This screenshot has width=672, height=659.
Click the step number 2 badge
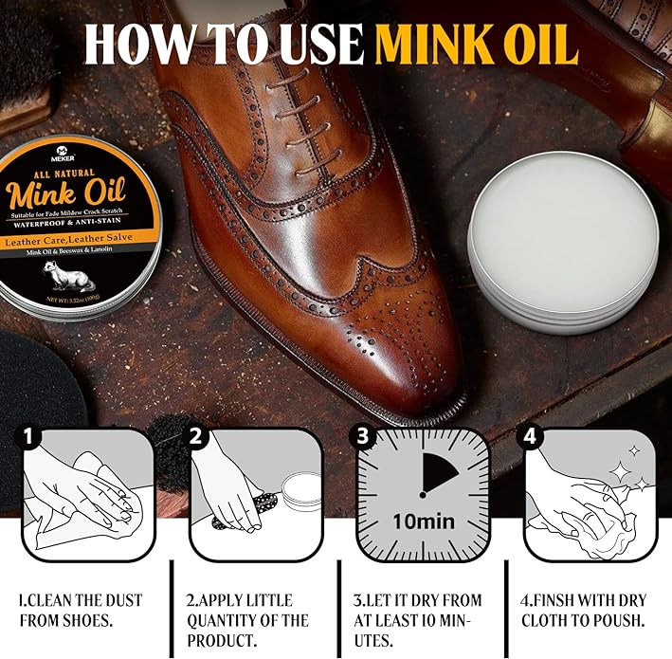tap(196, 436)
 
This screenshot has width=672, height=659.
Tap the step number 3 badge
tap(362, 436)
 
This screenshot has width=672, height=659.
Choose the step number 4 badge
tap(529, 436)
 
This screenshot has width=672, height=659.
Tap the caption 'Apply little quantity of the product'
tap(247, 620)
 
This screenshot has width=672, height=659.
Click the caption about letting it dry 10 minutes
tap(417, 620)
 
